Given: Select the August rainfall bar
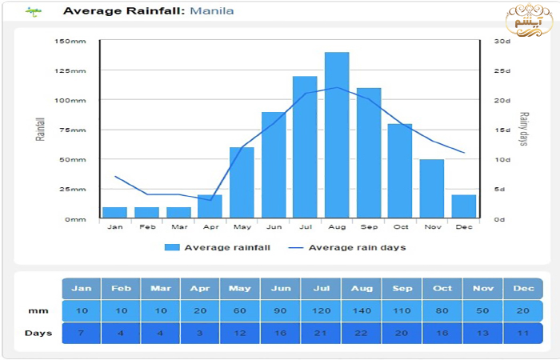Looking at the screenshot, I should pos(337,135).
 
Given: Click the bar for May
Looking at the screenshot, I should pos(242,182).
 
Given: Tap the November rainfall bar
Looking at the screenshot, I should pos(431,189).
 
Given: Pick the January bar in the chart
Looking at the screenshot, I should pos(115,212).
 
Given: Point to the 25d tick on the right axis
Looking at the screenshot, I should pos(502,71).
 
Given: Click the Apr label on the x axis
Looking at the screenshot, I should pos(210,227).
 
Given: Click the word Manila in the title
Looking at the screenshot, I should pos(212,11).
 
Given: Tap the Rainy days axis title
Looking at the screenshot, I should pos(524,130).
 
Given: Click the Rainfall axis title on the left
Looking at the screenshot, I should pos(40,130).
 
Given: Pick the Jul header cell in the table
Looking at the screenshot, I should pos(322,289).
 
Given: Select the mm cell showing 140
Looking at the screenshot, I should pos(362,311).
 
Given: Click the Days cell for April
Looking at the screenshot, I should pos(201,333).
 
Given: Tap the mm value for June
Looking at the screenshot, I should pos(282,311).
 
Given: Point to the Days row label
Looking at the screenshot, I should pos(38,333).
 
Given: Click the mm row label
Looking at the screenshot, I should pos(38,311).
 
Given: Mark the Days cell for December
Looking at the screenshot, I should pos(523,333).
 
